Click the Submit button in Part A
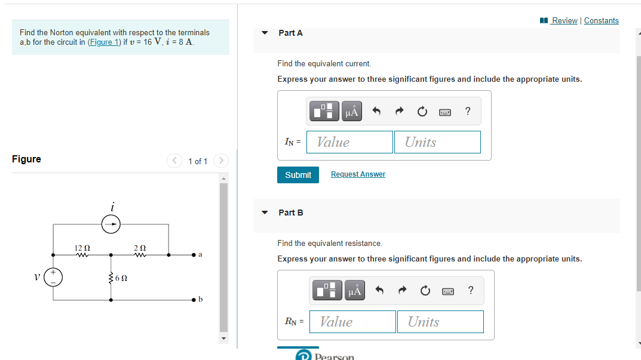point(298,175)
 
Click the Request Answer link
point(358,174)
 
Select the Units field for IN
point(437,142)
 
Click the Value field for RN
point(352,322)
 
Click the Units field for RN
point(440,322)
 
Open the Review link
point(564,20)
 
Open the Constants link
point(601,20)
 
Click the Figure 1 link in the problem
point(104,42)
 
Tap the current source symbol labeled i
point(111,224)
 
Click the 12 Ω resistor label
point(82,247)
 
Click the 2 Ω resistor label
point(140,247)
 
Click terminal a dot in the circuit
point(194,255)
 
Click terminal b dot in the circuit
point(194,299)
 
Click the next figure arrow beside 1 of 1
point(221,161)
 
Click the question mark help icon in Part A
point(467,111)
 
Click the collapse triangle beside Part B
point(265,213)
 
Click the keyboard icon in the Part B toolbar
point(448,291)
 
